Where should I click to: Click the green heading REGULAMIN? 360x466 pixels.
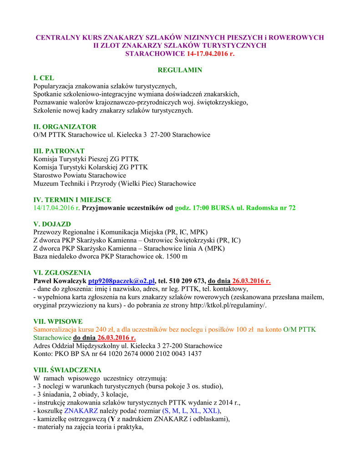click(x=180, y=70)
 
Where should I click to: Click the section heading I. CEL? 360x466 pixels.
click(x=44, y=78)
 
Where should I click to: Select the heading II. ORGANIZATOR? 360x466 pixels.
click(x=65, y=127)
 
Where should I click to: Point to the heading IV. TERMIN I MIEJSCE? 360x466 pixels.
click(x=72, y=199)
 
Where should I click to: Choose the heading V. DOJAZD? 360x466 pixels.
click(x=52, y=224)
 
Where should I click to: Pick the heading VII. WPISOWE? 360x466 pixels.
click(x=58, y=321)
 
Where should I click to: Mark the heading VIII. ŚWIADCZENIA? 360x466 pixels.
click(x=67, y=370)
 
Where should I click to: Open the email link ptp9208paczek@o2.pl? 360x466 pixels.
click(x=122, y=281)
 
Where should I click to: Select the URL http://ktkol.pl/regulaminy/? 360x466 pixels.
click(x=224, y=305)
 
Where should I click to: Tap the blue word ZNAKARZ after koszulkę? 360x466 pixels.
click(x=81, y=410)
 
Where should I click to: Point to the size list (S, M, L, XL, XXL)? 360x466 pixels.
click(x=192, y=410)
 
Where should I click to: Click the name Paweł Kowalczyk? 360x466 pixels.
click(x=60, y=281)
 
